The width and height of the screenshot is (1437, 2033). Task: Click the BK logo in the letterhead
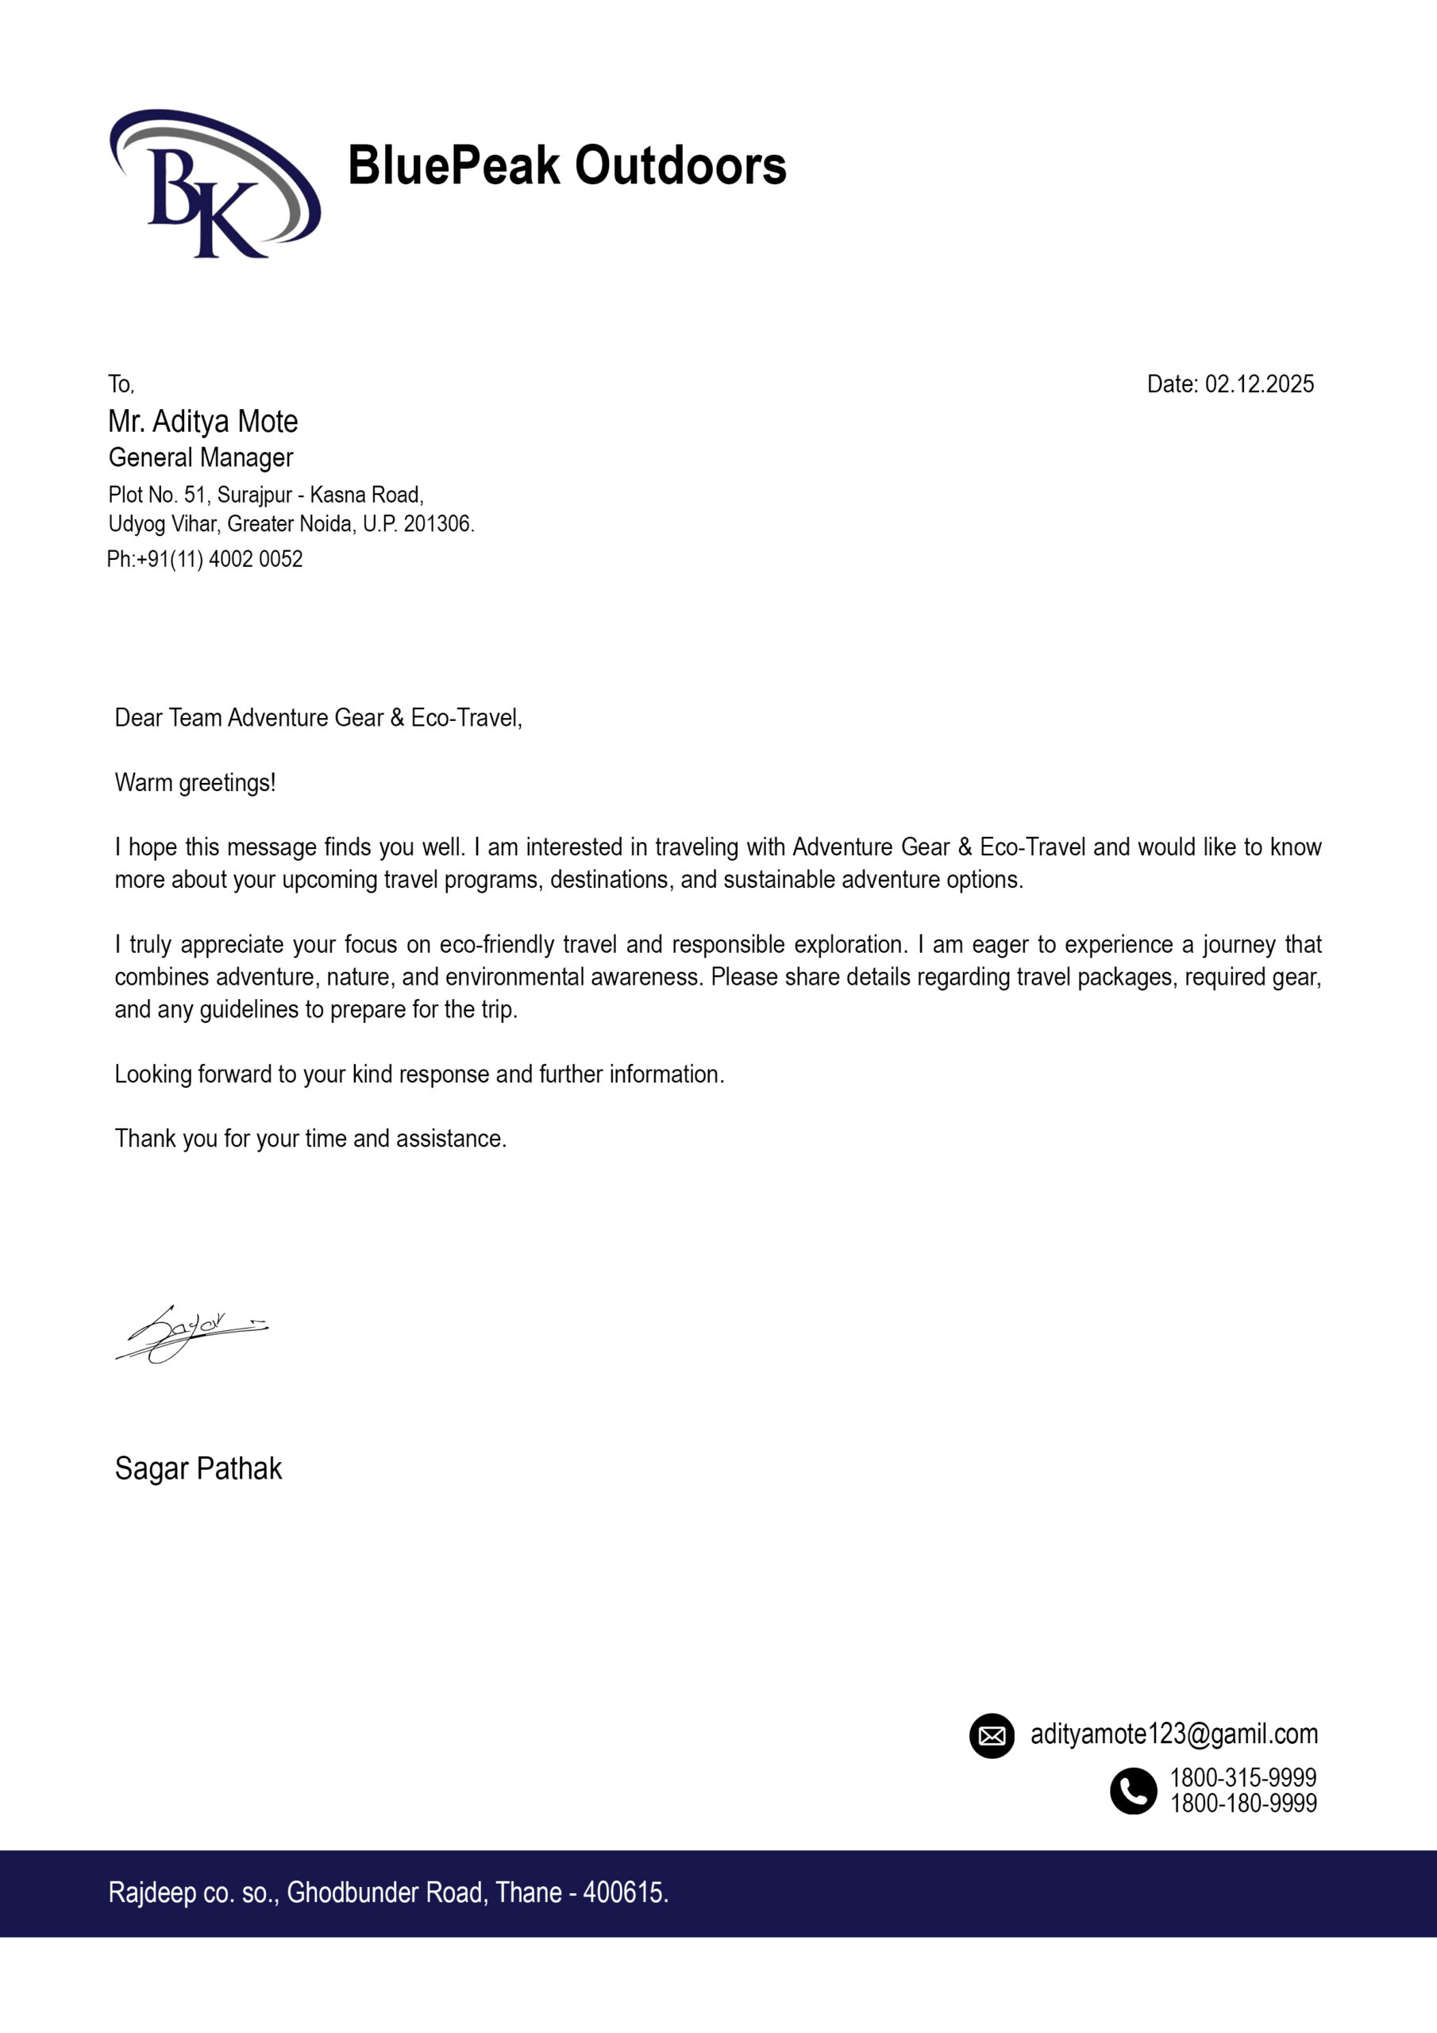click(x=214, y=183)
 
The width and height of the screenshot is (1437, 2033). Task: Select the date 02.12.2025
click(x=1259, y=384)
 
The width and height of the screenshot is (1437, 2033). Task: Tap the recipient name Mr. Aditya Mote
click(x=202, y=422)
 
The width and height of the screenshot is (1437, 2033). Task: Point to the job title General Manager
click(x=201, y=457)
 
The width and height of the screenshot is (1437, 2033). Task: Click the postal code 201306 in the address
click(x=437, y=524)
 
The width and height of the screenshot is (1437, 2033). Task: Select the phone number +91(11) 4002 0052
click(x=220, y=560)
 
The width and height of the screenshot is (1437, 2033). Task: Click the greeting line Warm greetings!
click(x=195, y=783)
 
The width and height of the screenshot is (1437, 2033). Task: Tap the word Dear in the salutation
click(x=139, y=718)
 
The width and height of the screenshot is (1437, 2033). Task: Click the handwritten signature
click(x=191, y=1332)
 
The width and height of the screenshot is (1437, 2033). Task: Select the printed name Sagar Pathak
click(x=198, y=1469)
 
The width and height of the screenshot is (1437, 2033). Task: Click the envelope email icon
click(x=992, y=1735)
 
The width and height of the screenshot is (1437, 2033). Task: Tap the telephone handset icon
click(x=1133, y=1790)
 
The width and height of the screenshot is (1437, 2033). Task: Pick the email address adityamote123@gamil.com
click(x=1174, y=1734)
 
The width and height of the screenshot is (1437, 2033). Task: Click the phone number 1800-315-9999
click(x=1243, y=1777)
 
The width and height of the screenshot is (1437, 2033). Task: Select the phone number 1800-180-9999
click(x=1243, y=1803)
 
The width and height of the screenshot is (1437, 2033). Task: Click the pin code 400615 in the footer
click(x=624, y=1892)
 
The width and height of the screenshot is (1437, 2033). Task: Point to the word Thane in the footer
click(x=529, y=1892)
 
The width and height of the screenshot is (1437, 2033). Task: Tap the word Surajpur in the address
click(x=255, y=495)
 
